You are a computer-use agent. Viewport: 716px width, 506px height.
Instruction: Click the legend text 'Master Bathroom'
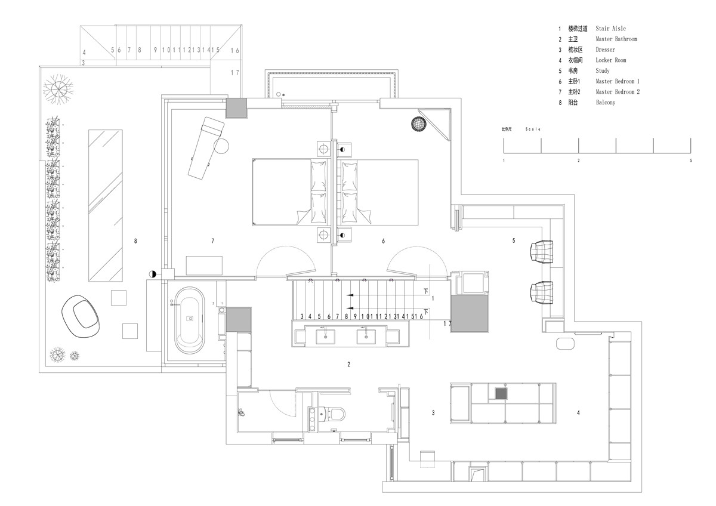(616, 39)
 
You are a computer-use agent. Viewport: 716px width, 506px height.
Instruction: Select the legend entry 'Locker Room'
(611, 60)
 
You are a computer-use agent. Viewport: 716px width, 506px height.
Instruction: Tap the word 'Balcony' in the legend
(606, 103)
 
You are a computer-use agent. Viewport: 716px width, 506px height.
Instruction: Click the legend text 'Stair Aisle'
(610, 29)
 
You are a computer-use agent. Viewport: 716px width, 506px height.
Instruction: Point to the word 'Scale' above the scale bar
(533, 129)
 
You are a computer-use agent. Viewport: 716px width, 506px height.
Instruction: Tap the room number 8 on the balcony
(136, 241)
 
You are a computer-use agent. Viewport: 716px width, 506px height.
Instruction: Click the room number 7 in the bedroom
(212, 241)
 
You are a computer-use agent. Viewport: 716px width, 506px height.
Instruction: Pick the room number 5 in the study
(513, 241)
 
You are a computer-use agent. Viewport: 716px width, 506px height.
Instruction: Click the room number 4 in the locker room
(578, 412)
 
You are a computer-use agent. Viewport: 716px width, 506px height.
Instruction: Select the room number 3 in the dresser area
(433, 412)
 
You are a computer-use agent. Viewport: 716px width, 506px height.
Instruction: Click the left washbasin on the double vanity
(326, 336)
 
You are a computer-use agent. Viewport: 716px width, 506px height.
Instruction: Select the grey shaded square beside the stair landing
(470, 314)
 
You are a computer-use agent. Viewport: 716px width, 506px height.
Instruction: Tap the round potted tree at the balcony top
(59, 90)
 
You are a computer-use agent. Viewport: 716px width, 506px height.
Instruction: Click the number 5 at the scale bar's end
(691, 161)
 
